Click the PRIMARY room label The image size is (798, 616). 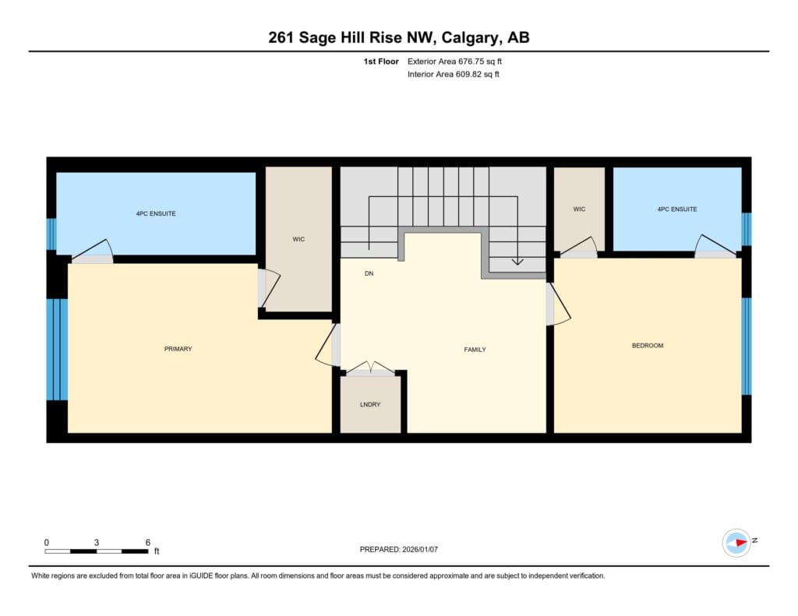(178, 349)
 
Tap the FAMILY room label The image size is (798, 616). (475, 350)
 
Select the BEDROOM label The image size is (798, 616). (648, 346)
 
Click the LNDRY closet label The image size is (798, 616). (370, 404)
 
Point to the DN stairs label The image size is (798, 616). (369, 273)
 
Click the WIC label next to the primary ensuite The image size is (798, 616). (298, 239)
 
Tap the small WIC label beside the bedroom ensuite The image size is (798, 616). (579, 209)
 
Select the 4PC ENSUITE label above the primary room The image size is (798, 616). (156, 213)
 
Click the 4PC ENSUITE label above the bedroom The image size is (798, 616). (677, 209)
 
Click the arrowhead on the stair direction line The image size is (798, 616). (517, 262)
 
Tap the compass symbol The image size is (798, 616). (736, 543)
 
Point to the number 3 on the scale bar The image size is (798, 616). (96, 542)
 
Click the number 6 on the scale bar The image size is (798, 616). (148, 542)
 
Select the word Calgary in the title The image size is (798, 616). (471, 37)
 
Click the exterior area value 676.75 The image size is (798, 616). (471, 62)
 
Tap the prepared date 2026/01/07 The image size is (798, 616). (420, 549)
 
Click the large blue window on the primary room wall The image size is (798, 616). (57, 350)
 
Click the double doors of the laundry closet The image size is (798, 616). (370, 368)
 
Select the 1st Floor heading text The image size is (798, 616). (381, 62)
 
